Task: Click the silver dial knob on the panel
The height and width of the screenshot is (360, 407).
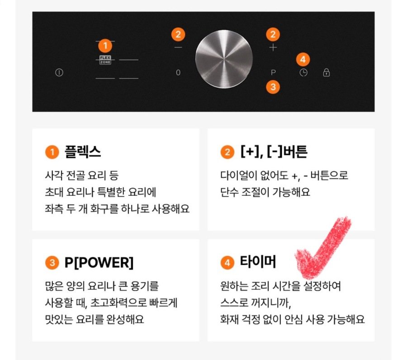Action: (224, 59)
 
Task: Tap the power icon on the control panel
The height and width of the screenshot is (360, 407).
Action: (59, 72)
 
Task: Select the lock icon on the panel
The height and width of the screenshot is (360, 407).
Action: (326, 72)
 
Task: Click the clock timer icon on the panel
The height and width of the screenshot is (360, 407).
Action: (303, 73)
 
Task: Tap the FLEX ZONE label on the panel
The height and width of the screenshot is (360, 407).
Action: (105, 60)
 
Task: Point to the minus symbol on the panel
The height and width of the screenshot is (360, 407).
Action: (178, 47)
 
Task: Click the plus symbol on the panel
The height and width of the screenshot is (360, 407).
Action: (273, 47)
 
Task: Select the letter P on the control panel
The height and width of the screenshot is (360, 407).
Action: (273, 72)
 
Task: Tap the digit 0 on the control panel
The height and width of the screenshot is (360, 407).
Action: (178, 72)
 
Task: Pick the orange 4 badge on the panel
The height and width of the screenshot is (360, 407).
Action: (303, 59)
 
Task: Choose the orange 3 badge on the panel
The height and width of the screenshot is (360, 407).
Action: (273, 87)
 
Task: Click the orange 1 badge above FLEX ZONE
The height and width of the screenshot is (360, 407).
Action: (105, 46)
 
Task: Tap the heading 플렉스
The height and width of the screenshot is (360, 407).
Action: (83, 152)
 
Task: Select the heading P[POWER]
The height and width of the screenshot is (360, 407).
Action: (99, 262)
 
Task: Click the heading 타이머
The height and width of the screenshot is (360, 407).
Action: (258, 261)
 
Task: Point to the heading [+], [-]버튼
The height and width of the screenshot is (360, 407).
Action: (274, 152)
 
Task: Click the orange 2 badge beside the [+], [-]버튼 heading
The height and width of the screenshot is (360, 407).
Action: (227, 152)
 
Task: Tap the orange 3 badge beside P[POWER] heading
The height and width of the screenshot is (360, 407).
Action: (52, 263)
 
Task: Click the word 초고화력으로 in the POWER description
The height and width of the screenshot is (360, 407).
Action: (118, 303)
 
